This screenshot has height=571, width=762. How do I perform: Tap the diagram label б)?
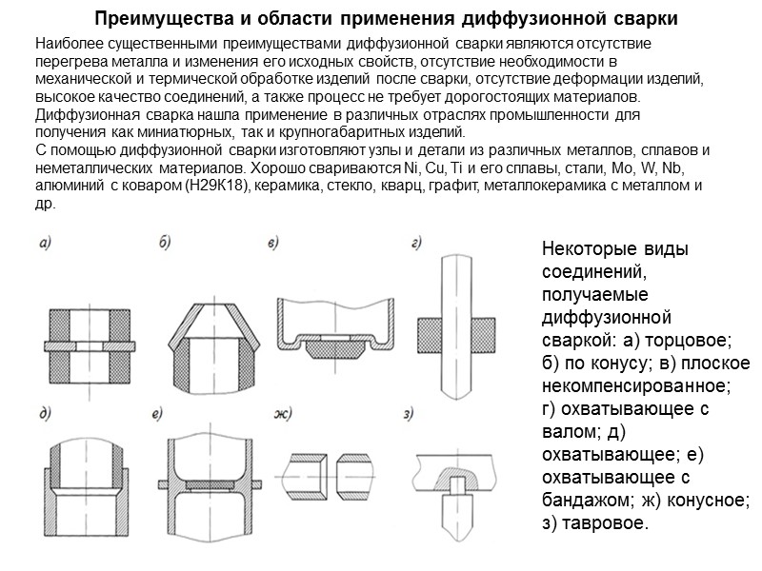click(x=164, y=244)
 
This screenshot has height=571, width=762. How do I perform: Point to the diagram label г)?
click(x=416, y=244)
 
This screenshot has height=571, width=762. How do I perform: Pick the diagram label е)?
click(x=157, y=412)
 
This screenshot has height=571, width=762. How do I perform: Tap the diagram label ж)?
click(x=282, y=412)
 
